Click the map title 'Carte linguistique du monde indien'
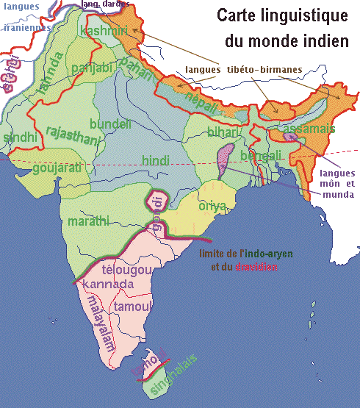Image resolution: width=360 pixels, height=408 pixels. pyautogui.click(x=282, y=28)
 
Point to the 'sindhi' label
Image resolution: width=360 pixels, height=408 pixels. pyautogui.click(x=19, y=137)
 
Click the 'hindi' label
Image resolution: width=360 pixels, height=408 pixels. pyautogui.click(x=154, y=160)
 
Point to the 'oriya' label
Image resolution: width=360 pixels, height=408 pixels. pyautogui.click(x=212, y=205)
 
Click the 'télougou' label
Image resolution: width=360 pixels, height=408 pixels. pyautogui.click(x=126, y=269)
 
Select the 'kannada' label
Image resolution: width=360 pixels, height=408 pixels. pyautogui.click(x=107, y=284)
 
